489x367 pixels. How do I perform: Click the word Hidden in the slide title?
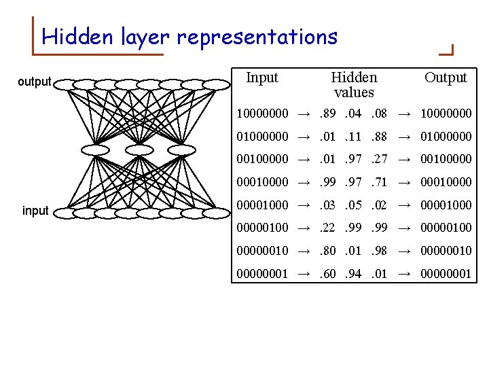79,37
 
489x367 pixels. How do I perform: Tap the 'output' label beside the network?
34,82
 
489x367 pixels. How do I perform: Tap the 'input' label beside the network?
35,211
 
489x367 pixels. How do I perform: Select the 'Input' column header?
262,77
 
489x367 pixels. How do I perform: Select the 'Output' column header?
446,77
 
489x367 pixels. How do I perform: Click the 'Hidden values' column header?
354,84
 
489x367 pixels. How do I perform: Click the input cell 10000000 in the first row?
262,113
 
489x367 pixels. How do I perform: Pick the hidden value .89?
329,113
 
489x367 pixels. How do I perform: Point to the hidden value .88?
379,137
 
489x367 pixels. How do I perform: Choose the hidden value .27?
379,159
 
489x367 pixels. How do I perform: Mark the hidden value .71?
379,182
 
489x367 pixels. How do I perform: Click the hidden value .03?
329,205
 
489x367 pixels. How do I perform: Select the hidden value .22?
329,228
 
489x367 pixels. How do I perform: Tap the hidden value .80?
329,251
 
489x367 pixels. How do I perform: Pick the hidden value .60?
329,274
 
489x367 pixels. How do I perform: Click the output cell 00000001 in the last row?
446,274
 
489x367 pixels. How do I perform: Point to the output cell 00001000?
446,205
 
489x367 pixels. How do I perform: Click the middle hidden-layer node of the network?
139,149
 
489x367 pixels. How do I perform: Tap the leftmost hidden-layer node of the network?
95,149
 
